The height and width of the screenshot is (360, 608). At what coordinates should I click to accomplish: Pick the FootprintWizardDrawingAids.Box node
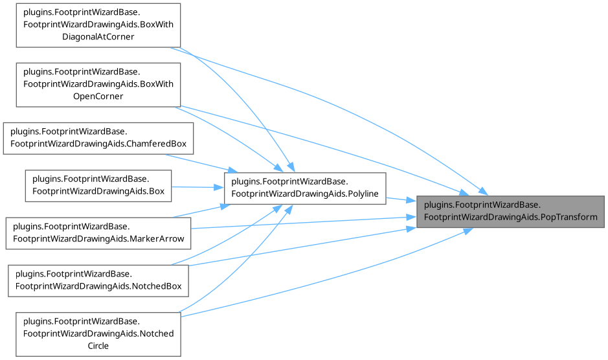tap(98, 185)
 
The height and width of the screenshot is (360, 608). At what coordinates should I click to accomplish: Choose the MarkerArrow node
tap(98, 232)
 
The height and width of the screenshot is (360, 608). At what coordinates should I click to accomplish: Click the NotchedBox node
tap(98, 280)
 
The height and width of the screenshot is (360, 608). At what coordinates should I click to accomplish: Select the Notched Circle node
tap(98, 333)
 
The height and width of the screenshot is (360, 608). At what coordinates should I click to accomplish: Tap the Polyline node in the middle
tap(304, 188)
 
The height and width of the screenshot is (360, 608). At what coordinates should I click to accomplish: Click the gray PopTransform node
tap(510, 210)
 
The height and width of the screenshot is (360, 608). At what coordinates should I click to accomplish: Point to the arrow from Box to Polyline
tap(197, 187)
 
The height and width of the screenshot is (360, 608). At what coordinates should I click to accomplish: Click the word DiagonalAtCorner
tap(98, 37)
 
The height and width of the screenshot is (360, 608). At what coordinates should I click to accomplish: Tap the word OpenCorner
tap(98, 96)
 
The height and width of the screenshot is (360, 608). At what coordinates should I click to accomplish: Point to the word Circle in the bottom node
tap(98, 346)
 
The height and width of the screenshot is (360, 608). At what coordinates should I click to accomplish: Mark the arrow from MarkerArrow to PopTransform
tap(298, 223)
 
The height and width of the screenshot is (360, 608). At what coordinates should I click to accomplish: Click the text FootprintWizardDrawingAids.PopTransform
tap(510, 217)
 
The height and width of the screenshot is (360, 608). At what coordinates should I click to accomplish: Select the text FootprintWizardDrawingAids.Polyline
tap(304, 194)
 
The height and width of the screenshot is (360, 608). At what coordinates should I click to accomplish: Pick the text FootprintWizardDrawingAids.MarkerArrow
tap(98, 239)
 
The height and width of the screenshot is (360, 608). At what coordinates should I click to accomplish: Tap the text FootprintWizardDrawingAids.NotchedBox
tap(98, 286)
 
